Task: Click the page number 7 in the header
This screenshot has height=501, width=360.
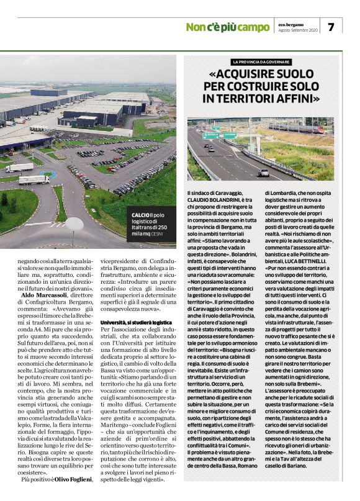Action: coord(331,27)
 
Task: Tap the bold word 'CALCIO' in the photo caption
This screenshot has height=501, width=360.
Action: coord(141,215)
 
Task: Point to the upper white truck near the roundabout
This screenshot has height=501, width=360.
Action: coord(19,167)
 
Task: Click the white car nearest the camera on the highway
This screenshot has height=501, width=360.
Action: coord(264,172)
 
